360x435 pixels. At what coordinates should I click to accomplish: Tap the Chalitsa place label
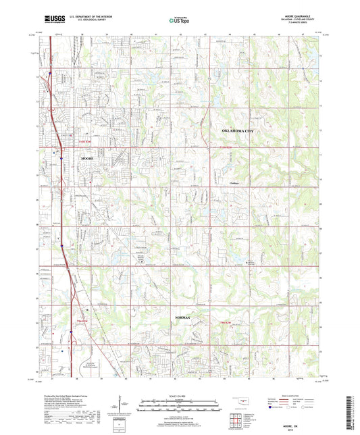click(x=235, y=182)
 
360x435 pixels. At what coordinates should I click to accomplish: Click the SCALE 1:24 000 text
click(x=180, y=396)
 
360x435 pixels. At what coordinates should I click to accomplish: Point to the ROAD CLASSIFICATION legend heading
click(x=294, y=396)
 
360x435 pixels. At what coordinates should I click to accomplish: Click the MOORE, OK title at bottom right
click(x=305, y=424)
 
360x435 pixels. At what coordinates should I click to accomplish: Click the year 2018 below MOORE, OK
click(x=305, y=428)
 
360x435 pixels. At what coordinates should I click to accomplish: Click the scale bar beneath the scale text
click(x=180, y=404)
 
